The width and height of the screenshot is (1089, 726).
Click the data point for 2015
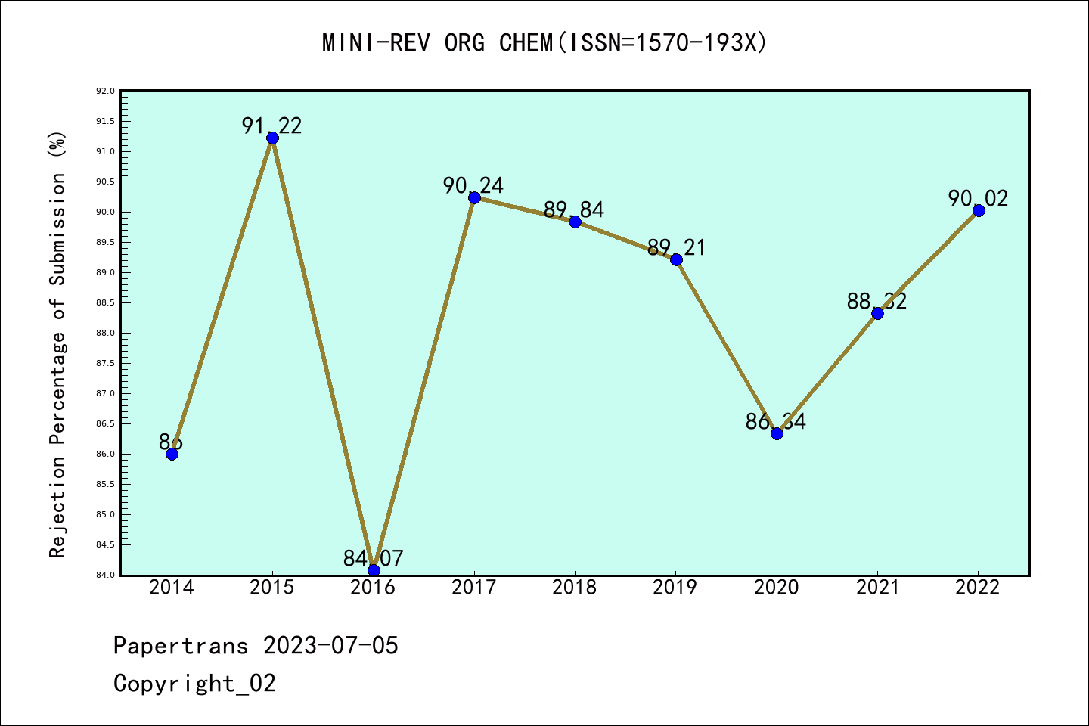point(272,138)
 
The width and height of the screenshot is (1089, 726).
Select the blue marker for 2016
point(374,569)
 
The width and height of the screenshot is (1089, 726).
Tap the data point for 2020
point(777,433)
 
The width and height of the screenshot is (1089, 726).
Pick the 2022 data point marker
point(979,210)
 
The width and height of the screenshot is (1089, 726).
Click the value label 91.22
point(272,126)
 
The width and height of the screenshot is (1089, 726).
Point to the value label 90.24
point(473,185)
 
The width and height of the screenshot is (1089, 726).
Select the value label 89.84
point(574,209)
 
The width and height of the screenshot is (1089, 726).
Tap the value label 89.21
point(676,247)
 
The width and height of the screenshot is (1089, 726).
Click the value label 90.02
point(978,198)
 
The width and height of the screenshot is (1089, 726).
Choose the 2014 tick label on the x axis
point(172,588)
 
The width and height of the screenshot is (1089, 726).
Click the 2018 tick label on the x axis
point(575,588)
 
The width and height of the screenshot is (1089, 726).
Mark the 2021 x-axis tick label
point(877,588)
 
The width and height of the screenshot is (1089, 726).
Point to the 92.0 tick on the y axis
point(105,92)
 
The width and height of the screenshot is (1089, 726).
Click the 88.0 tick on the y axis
point(105,334)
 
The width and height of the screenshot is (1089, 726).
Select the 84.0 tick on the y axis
point(105,575)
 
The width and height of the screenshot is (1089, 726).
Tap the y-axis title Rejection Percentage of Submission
point(58,344)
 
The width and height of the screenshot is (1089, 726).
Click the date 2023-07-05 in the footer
point(330,646)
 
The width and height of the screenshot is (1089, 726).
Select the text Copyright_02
point(194,684)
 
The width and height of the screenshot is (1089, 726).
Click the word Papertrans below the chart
point(181,646)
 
